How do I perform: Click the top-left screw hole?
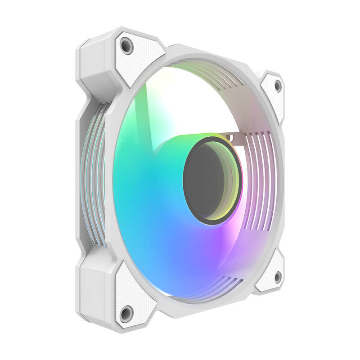click(x=127, y=46)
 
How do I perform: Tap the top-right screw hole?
click(x=278, y=85)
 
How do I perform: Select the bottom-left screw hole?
click(x=126, y=313)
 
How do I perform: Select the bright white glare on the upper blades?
click(x=180, y=99)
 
